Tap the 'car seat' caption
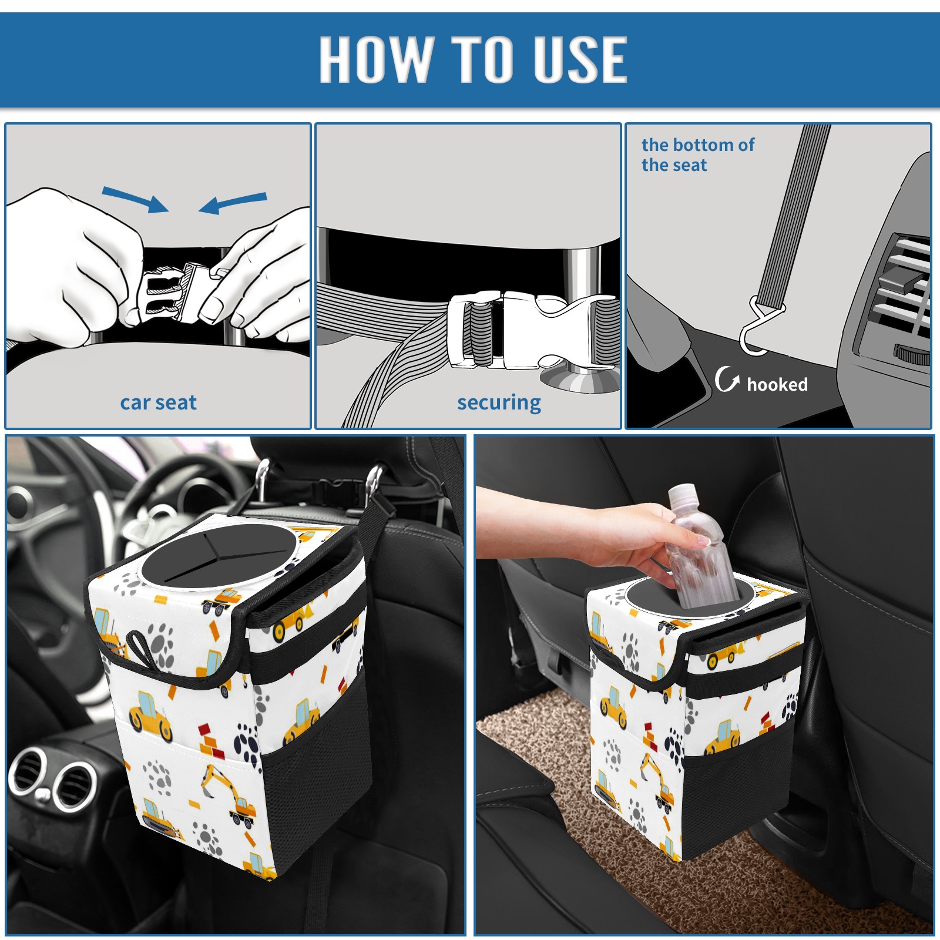pyautogui.click(x=158, y=402)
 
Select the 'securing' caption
pyautogui.click(x=499, y=403)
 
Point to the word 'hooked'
pyautogui.click(x=777, y=384)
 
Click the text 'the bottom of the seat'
pyautogui.click(x=697, y=155)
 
